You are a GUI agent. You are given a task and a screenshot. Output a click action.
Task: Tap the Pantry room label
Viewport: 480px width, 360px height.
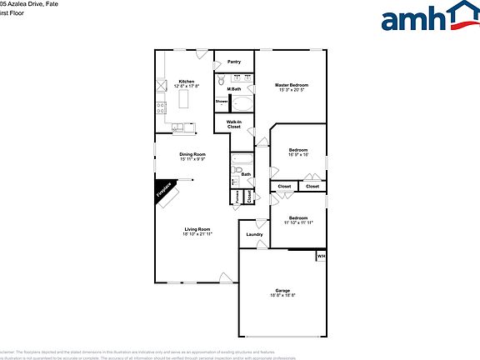coord(234,62)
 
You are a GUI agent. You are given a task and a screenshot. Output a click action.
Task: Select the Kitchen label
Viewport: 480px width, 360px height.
coord(187,81)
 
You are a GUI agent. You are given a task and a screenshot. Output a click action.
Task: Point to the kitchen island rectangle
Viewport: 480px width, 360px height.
coord(186,101)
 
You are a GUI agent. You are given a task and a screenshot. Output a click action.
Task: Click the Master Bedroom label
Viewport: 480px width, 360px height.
coord(293,85)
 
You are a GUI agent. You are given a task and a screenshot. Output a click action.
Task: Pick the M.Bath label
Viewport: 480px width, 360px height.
coord(234,88)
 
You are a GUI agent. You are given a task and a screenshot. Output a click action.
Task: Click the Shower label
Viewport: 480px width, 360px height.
coord(222,102)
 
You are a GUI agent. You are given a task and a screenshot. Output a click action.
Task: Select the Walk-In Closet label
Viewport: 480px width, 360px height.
coord(234,124)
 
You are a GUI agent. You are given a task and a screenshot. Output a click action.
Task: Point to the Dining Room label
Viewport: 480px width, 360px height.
coord(192,154)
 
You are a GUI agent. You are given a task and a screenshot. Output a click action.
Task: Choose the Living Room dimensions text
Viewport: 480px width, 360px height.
coord(197,235)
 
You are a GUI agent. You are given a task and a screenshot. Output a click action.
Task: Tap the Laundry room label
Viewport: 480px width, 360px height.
coord(254,234)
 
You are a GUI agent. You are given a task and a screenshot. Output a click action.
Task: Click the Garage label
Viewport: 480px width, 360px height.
coord(283,290)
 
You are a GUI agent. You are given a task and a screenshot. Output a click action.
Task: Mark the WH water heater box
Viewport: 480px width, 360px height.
coord(320,257)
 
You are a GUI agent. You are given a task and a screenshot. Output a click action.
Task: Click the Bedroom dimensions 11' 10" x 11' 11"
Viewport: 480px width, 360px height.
coord(297,222)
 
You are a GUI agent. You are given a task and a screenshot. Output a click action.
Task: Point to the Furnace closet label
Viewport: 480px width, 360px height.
coord(237,197)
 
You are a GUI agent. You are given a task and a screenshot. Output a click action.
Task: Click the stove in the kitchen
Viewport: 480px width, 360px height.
coord(160,107)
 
